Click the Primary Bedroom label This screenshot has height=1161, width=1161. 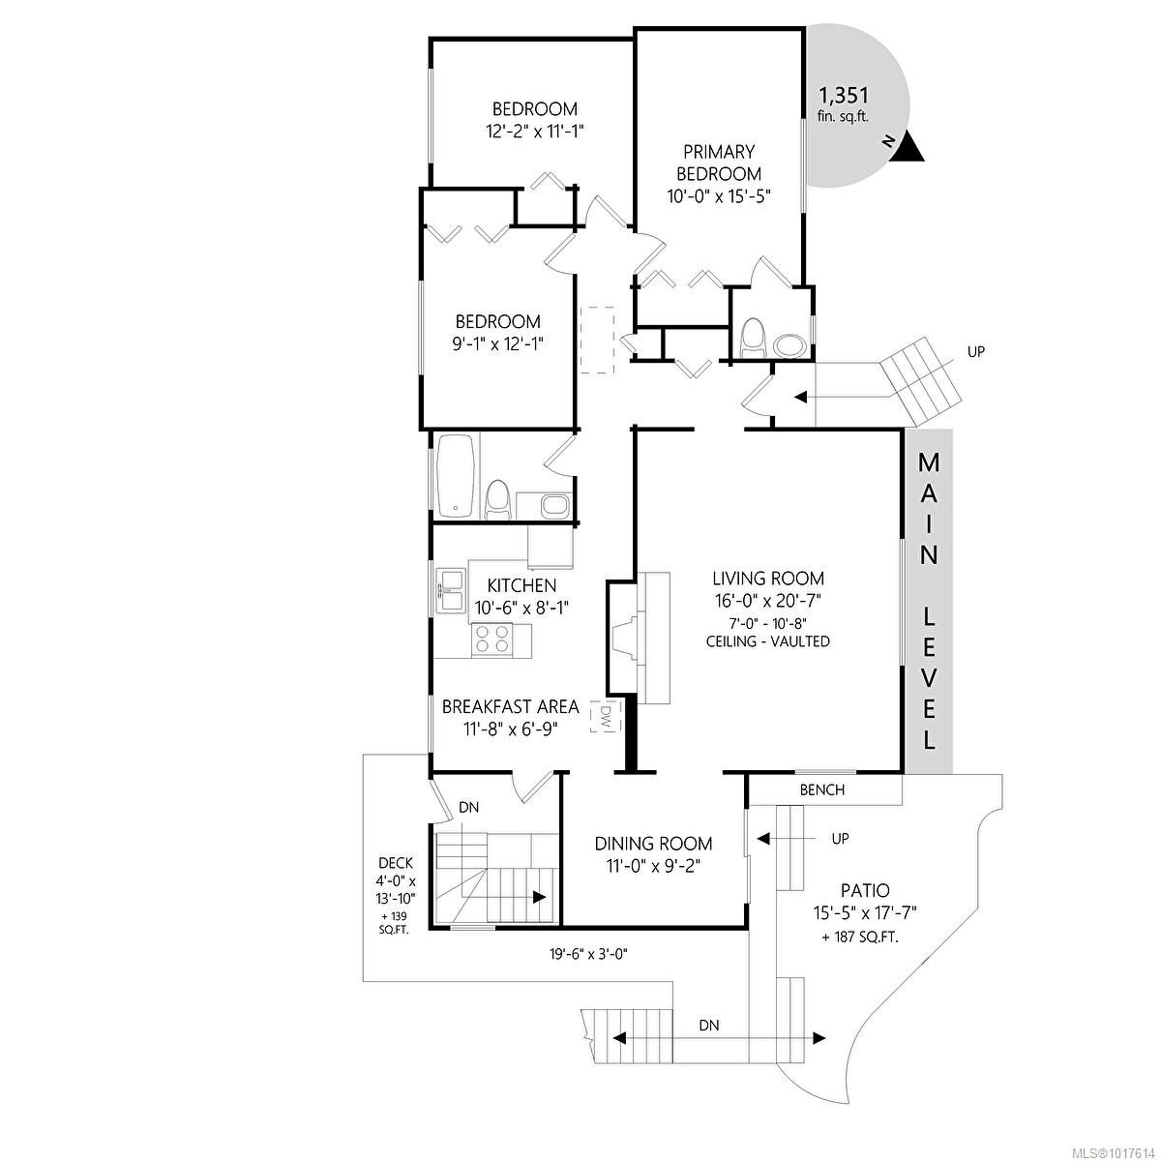(x=718, y=163)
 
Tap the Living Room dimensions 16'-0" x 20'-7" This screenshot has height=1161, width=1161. (x=768, y=601)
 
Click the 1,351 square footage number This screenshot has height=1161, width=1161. (x=844, y=96)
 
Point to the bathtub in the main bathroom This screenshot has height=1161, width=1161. (x=455, y=475)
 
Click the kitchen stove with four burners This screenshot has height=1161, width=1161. (x=491, y=639)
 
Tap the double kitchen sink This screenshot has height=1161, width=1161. (x=450, y=588)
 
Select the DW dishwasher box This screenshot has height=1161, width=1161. (x=605, y=717)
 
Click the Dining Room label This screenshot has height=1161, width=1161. (x=653, y=844)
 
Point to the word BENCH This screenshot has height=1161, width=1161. (x=822, y=789)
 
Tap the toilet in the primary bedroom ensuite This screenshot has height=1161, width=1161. (x=753, y=340)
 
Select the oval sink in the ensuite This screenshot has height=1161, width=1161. (x=789, y=343)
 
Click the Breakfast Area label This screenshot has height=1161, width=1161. (x=510, y=707)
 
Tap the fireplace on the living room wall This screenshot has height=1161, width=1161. (x=622, y=639)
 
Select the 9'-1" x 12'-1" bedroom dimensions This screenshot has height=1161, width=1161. (x=498, y=343)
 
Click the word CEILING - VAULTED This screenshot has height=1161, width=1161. (x=768, y=641)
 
